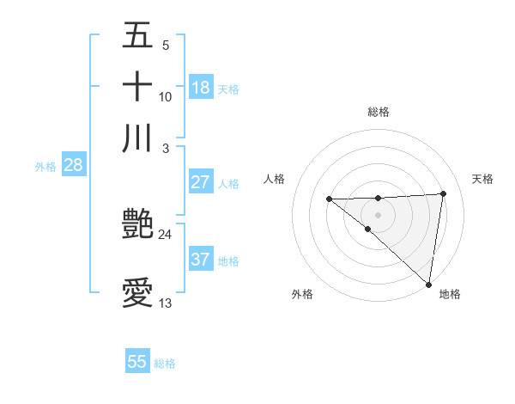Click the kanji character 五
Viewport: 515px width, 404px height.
137,35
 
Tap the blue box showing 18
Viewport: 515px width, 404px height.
201,87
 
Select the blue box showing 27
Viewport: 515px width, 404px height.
201,182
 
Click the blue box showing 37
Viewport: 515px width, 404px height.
201,260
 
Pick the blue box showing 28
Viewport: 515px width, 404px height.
74,166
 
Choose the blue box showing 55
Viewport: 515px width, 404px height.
137,362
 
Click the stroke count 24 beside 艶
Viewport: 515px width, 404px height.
165,234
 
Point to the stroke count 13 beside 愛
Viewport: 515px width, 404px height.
165,303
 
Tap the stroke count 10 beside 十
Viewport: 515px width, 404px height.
165,96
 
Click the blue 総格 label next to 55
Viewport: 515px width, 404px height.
165,364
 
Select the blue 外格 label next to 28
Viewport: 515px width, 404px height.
45,167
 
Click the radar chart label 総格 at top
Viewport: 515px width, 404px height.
379,112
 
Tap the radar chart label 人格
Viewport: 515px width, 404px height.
274,179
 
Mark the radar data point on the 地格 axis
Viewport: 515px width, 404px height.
428,284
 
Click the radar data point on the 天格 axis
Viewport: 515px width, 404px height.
444,193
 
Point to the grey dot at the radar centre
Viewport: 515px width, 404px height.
378,214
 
